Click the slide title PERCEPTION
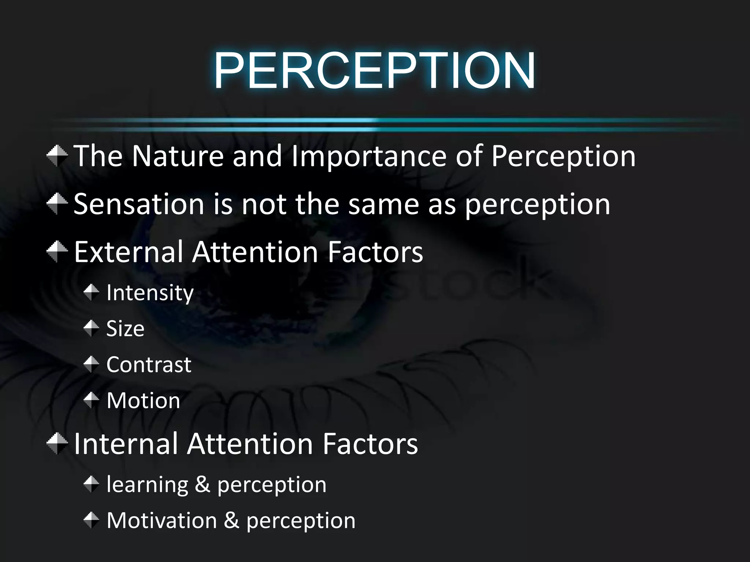374,70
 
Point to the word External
129,252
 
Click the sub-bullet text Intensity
150,293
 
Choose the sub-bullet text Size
125,329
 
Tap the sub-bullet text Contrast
149,364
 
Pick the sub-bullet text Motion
143,400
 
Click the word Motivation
162,520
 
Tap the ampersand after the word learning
203,484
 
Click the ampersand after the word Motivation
231,520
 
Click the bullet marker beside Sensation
57,203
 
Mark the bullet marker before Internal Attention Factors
57,443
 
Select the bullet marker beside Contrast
91,364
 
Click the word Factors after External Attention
375,252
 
